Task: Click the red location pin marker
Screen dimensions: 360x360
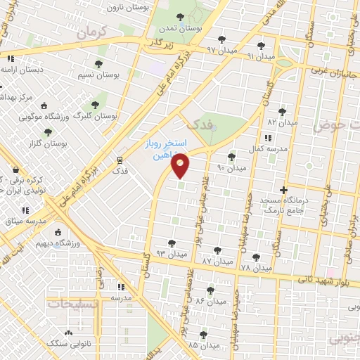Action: pyautogui.click(x=181, y=165)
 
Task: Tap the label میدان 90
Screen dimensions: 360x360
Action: pyautogui.click(x=231, y=169)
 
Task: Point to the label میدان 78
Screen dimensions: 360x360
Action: pyautogui.click(x=255, y=268)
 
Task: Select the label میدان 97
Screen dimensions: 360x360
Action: pyautogui.click(x=220, y=49)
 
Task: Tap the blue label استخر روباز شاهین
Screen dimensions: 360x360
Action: pyautogui.click(x=162, y=149)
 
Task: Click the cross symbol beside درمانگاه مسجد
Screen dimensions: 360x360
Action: pyautogui.click(x=283, y=190)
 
